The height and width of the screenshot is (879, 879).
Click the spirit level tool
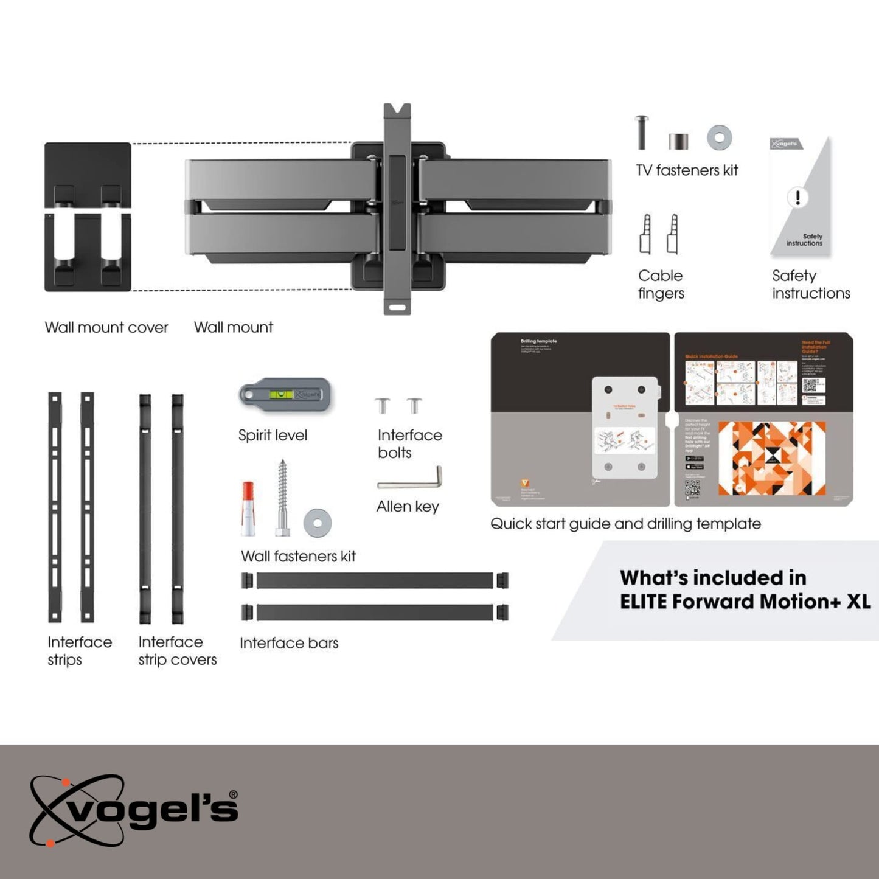(x=285, y=395)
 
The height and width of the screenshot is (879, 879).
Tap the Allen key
(x=409, y=482)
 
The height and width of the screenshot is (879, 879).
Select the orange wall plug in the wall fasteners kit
(x=248, y=509)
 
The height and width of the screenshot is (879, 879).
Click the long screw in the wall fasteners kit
(x=282, y=498)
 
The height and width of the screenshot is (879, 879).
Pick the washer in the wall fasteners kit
(x=317, y=523)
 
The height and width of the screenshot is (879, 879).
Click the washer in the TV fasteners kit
(x=719, y=138)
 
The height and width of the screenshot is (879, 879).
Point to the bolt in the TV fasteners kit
(x=642, y=132)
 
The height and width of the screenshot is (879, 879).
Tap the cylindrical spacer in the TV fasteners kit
(x=678, y=141)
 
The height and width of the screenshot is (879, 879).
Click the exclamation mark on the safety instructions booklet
(x=797, y=197)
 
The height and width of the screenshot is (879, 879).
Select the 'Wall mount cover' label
(x=106, y=327)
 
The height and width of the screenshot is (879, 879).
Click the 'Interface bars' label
(x=289, y=643)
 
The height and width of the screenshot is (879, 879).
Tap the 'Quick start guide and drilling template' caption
(x=625, y=524)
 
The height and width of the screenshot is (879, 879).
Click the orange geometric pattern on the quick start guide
(x=771, y=458)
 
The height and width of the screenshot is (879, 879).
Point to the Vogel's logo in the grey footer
(x=134, y=810)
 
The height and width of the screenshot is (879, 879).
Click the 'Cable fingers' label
(x=661, y=284)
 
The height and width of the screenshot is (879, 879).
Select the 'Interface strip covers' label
(x=177, y=650)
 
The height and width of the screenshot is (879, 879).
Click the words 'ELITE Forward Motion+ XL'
(x=745, y=602)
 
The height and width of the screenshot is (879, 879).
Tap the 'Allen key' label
(x=408, y=507)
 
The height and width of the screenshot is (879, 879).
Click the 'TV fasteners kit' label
(x=687, y=170)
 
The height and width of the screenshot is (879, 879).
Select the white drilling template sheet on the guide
(x=625, y=426)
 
